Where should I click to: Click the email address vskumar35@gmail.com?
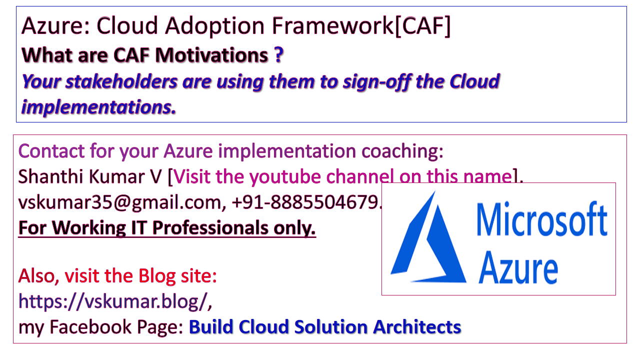[x=119, y=202]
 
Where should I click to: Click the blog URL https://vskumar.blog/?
[x=111, y=301]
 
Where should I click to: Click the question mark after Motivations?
[x=278, y=55]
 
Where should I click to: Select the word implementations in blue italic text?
[x=98, y=106]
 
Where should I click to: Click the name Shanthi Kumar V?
[x=90, y=176]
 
